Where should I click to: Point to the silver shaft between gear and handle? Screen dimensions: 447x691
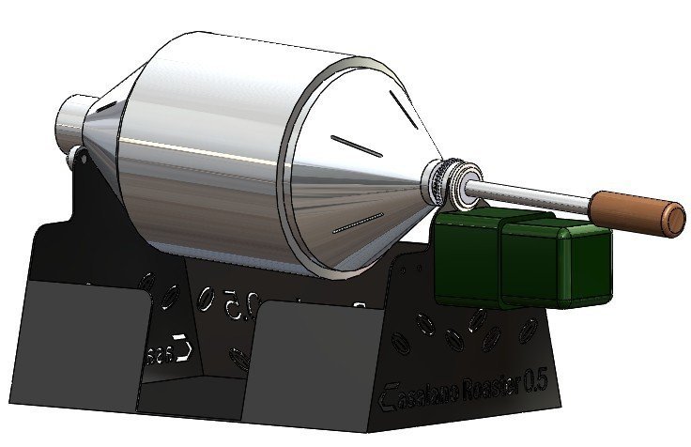pyautogui.click(x=535, y=193)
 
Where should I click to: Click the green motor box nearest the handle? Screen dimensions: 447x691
pyautogui.click(x=556, y=261)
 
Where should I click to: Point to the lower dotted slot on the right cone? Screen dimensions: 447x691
pyautogui.click(x=357, y=223)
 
